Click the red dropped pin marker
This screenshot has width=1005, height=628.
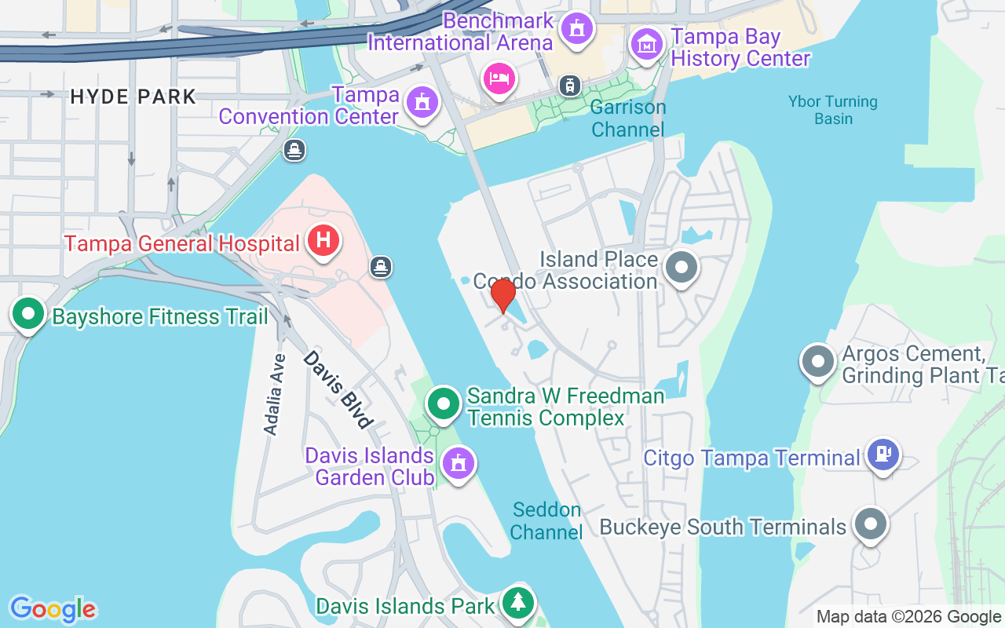(502, 295)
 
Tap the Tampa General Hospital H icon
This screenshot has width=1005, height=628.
(323, 240)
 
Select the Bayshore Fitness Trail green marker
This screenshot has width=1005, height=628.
(29, 314)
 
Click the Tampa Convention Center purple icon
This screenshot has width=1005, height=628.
(422, 102)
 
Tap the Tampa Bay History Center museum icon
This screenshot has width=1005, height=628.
(646, 45)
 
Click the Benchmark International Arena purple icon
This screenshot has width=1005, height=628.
(578, 29)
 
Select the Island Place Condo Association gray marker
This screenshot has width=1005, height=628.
(682, 267)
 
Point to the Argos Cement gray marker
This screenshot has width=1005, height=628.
(818, 362)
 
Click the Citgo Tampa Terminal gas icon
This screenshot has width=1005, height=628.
(883, 454)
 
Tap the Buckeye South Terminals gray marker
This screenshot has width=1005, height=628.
(870, 524)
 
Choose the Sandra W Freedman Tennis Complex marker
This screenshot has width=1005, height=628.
(444, 404)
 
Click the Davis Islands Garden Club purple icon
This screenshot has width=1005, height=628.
(458, 463)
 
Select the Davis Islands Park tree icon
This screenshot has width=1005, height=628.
(517, 603)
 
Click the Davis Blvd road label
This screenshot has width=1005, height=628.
(338, 389)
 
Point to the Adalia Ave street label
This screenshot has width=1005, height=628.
(273, 394)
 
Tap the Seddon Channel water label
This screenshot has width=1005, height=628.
(546, 520)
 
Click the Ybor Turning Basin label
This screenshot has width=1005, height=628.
(833, 110)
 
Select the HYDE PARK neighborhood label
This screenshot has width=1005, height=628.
(133, 97)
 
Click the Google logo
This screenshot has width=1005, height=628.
(53, 609)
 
